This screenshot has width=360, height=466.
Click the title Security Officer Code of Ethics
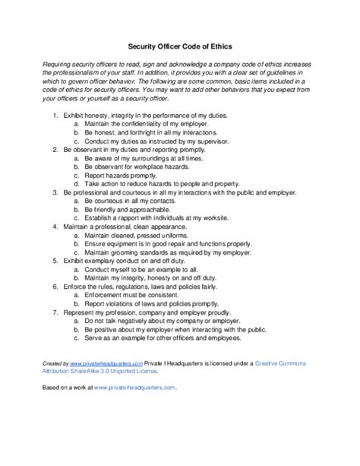179,45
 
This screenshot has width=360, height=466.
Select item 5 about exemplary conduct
129,263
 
